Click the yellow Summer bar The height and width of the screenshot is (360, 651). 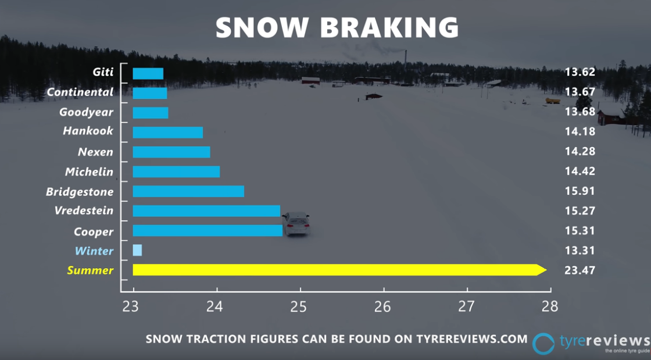point(337,270)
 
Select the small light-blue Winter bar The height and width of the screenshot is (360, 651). point(137,251)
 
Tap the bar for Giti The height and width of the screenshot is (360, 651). point(148,73)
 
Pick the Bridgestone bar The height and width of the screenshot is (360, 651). point(188,191)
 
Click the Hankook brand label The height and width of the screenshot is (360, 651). point(88,131)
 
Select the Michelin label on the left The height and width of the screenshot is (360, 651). point(89,172)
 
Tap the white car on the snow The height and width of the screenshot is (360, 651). point(296,223)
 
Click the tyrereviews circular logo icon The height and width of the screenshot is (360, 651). point(543,344)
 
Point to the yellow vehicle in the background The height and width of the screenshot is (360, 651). point(553,101)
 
